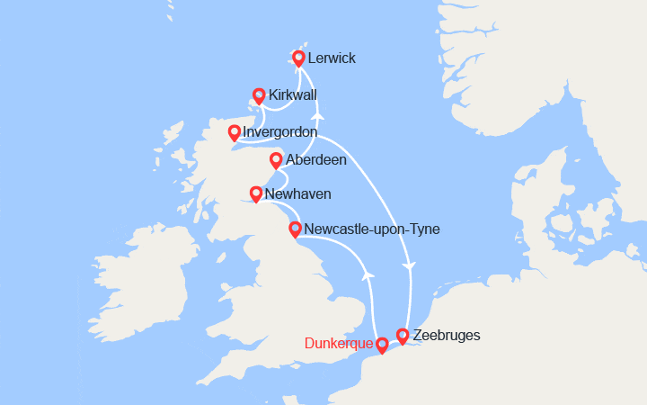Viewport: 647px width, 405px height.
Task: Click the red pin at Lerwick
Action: point(298,58)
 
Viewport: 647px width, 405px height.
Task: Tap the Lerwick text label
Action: point(331,58)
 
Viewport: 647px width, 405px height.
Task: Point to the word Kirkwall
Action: point(292,94)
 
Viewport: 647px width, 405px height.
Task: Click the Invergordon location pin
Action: point(235,132)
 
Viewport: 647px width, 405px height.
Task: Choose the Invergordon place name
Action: point(279,132)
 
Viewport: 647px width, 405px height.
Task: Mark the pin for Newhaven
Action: point(256,193)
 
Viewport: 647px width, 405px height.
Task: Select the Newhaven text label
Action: point(297,193)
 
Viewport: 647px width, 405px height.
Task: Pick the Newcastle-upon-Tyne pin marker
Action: point(295,229)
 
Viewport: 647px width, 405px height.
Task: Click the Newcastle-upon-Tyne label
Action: point(372,229)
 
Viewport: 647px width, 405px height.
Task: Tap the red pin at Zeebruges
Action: point(403,335)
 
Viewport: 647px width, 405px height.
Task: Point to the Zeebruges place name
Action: point(446,336)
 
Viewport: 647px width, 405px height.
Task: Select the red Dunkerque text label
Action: point(338,344)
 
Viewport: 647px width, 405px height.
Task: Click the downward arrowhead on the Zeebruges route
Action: point(410,267)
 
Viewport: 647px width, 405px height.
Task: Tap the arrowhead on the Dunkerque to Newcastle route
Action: point(366,274)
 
